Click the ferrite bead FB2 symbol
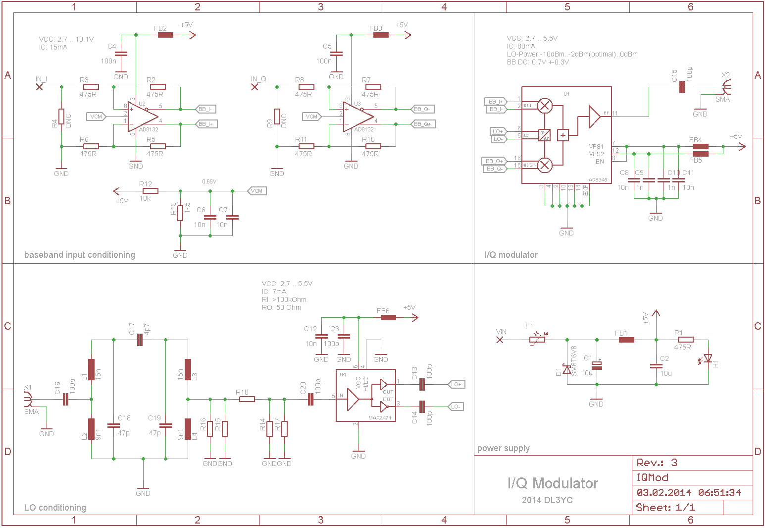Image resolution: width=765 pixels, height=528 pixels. pyautogui.click(x=165, y=35)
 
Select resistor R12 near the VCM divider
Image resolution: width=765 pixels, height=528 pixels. pyautogui.click(x=150, y=191)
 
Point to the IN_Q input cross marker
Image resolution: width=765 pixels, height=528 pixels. pyautogui.click(x=255, y=87)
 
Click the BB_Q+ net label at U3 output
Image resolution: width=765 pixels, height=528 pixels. pyautogui.click(x=423, y=124)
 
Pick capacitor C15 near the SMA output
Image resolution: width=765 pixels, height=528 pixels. pyautogui.click(x=682, y=87)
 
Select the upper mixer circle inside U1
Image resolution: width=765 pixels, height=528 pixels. pyautogui.click(x=545, y=106)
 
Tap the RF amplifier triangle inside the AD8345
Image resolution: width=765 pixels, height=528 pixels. pyautogui.click(x=594, y=117)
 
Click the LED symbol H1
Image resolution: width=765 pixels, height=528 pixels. pyautogui.click(x=708, y=358)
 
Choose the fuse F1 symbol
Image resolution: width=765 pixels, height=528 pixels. pyautogui.click(x=537, y=340)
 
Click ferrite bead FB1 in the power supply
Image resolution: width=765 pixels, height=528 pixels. pyautogui.click(x=626, y=340)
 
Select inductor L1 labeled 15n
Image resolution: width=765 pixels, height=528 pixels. pyautogui.click(x=91, y=369)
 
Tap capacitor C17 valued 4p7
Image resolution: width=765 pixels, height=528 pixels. pyautogui.click(x=140, y=340)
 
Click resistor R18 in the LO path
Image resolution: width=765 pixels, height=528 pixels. pyautogui.click(x=247, y=399)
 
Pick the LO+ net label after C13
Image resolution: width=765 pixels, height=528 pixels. pyautogui.click(x=456, y=384)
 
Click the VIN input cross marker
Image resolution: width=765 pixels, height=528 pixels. pyautogui.click(x=500, y=340)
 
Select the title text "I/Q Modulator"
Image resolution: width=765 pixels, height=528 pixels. pyautogui.click(x=553, y=483)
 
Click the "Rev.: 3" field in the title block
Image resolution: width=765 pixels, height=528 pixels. pyautogui.click(x=657, y=463)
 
